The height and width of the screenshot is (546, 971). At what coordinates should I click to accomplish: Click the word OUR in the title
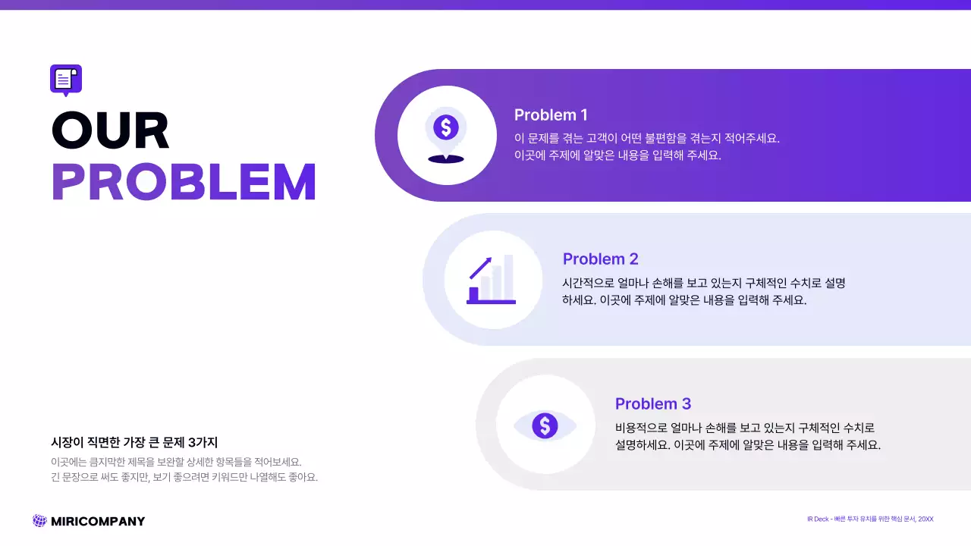pyautogui.click(x=111, y=130)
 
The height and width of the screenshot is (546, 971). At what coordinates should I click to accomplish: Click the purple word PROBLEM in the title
pyautogui.click(x=184, y=182)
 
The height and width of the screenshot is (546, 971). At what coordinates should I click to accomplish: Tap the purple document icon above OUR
pyautogui.click(x=65, y=79)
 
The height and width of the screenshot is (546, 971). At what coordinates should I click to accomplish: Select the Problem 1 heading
pyautogui.click(x=551, y=115)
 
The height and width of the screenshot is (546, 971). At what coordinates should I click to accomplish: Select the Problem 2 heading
pyautogui.click(x=600, y=259)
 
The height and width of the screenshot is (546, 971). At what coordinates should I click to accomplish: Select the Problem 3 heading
pyautogui.click(x=652, y=404)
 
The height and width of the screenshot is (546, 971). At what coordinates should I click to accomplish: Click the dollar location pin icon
pyautogui.click(x=446, y=128)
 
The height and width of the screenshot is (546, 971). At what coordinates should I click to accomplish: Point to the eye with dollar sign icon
pyautogui.click(x=545, y=425)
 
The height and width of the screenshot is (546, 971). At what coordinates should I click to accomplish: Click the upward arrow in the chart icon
pyautogui.click(x=480, y=268)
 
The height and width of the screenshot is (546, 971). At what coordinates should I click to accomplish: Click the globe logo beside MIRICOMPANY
pyautogui.click(x=39, y=521)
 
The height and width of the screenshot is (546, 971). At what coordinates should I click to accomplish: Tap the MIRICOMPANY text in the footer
pyautogui.click(x=98, y=522)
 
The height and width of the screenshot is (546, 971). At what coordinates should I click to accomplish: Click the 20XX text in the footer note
pyautogui.click(x=925, y=519)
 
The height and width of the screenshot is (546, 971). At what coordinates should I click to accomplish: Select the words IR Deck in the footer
pyautogui.click(x=818, y=519)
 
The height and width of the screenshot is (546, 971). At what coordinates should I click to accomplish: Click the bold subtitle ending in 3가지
pyautogui.click(x=134, y=443)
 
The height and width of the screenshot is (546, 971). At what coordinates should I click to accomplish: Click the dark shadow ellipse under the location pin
pyautogui.click(x=445, y=159)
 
